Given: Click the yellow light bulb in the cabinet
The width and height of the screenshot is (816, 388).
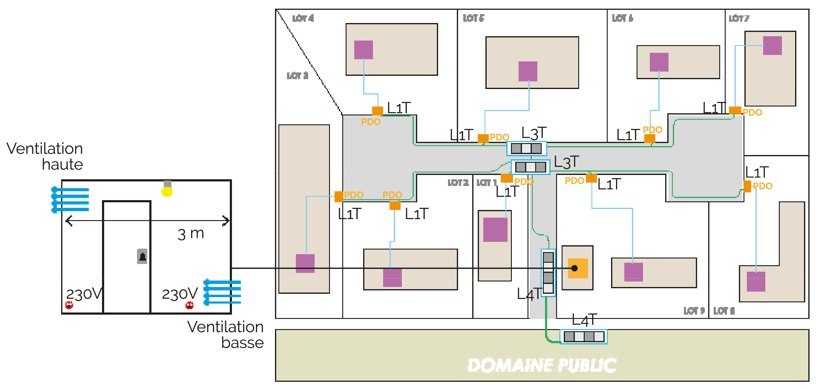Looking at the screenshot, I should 167,192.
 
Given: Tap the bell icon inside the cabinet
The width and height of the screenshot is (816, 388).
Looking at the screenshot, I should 142,256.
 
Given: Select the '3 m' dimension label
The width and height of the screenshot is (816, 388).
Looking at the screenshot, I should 191,234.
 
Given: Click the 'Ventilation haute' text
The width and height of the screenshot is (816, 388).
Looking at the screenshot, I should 45,156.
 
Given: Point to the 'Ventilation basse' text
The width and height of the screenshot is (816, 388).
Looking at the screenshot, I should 226,335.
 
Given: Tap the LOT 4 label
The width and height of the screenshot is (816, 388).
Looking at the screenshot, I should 303,18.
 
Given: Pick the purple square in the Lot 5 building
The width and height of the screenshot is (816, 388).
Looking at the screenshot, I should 528,71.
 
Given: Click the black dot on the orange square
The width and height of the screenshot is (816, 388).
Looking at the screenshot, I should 574,268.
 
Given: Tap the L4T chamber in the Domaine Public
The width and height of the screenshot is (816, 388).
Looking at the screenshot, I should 583,336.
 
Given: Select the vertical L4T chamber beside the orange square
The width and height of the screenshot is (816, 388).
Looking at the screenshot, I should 548,273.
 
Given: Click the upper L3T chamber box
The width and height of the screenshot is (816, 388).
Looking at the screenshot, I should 526,149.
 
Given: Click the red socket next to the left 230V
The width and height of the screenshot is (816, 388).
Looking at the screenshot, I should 69,305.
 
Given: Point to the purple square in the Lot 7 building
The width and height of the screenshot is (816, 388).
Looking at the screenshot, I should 772,45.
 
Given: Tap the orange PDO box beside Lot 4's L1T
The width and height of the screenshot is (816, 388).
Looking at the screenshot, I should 377,111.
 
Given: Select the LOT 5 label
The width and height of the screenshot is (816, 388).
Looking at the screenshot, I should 473,18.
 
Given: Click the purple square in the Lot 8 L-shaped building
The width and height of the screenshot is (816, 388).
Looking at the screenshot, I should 756,281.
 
